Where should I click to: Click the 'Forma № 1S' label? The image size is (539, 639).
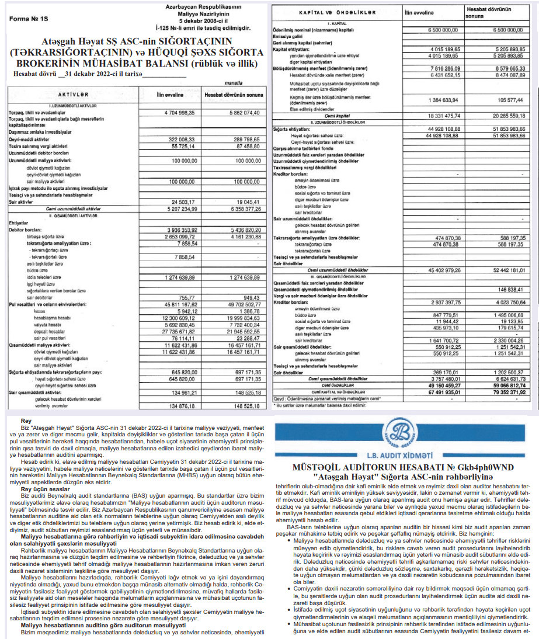tap(27, 18)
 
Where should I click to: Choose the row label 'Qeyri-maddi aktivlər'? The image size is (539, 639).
tap(26, 140)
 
